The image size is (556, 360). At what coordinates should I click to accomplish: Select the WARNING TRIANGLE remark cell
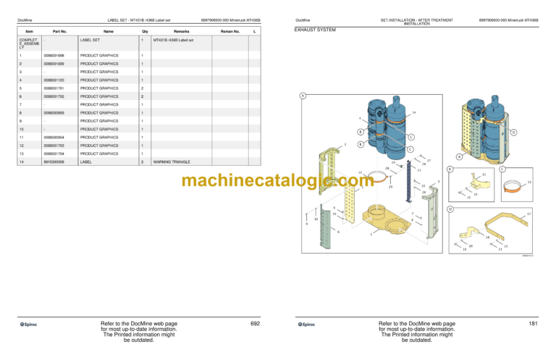171,162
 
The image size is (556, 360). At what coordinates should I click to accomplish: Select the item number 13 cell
21,154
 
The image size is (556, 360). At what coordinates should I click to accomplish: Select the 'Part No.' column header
60,31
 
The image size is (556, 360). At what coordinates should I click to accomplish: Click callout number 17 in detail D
528,214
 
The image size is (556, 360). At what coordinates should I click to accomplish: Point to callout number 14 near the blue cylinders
413,112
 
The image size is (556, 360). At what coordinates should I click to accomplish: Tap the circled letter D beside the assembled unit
513,133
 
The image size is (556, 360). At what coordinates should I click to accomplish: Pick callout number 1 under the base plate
371,233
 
